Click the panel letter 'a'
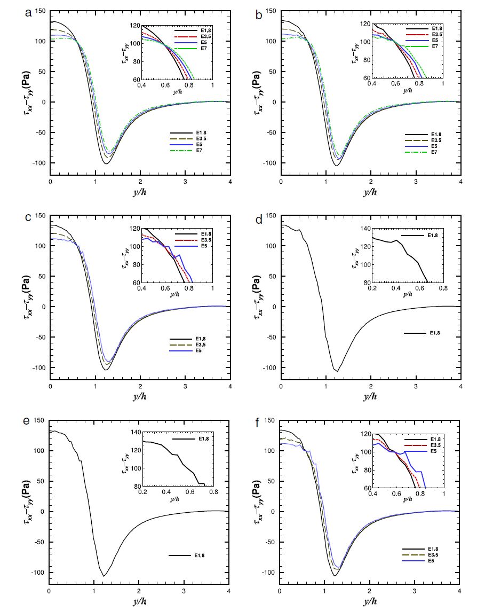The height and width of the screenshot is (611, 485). [x=28, y=13]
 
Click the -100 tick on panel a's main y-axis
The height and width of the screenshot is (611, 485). [x=39, y=163]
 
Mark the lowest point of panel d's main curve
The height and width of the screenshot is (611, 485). [x=337, y=371]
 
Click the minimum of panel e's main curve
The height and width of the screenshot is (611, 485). [x=104, y=576]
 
